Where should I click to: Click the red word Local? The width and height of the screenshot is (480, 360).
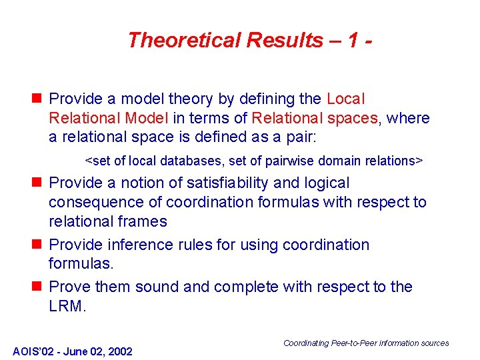[x=346, y=99]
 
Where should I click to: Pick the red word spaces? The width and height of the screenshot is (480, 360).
[x=355, y=119]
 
